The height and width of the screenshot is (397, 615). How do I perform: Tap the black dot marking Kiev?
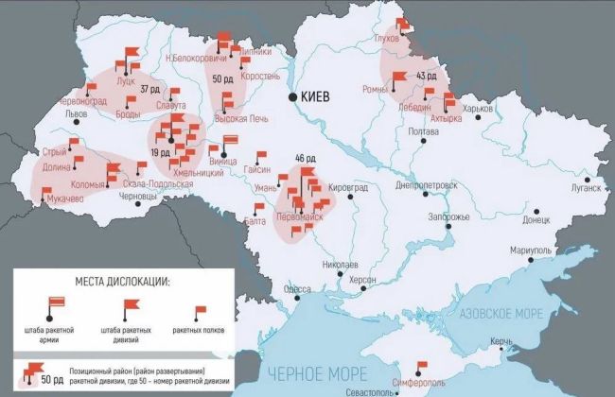click(293, 95)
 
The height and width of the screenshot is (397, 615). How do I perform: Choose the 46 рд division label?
click(305, 157)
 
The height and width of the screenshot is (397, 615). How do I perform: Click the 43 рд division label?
click(426, 76)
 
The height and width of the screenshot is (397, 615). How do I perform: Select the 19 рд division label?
click(160, 152)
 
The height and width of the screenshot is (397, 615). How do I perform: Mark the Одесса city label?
click(299, 288)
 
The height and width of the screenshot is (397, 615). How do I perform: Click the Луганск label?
click(584, 187)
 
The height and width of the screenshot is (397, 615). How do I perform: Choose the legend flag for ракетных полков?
click(200, 313)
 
